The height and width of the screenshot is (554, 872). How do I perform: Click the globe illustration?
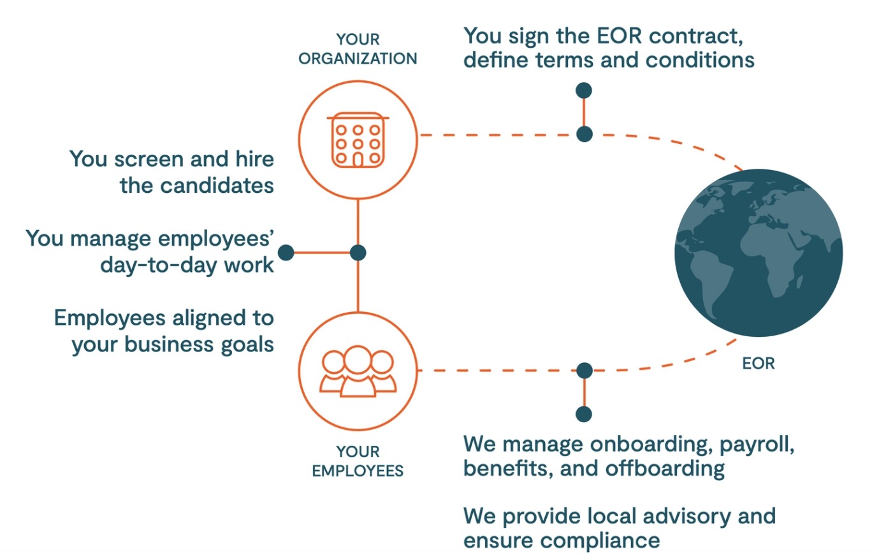click(759, 253)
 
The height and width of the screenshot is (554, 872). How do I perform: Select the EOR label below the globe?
click(759, 365)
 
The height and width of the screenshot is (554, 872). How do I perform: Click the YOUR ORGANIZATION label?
click(358, 49)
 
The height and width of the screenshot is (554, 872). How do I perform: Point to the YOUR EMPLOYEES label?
click(358, 462)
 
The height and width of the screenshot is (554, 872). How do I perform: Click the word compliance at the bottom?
click(599, 541)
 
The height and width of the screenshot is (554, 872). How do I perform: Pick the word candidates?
click(217, 187)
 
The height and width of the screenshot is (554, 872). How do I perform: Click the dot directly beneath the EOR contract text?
click(583, 90)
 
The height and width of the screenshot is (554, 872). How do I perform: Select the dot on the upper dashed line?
click(584, 134)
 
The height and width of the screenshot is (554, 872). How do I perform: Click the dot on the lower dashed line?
click(584, 370)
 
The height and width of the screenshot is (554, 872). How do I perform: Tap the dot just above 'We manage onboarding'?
click(583, 414)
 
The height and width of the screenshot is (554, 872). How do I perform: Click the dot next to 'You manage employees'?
click(286, 253)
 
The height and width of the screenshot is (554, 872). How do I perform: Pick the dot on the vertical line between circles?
click(358, 253)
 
